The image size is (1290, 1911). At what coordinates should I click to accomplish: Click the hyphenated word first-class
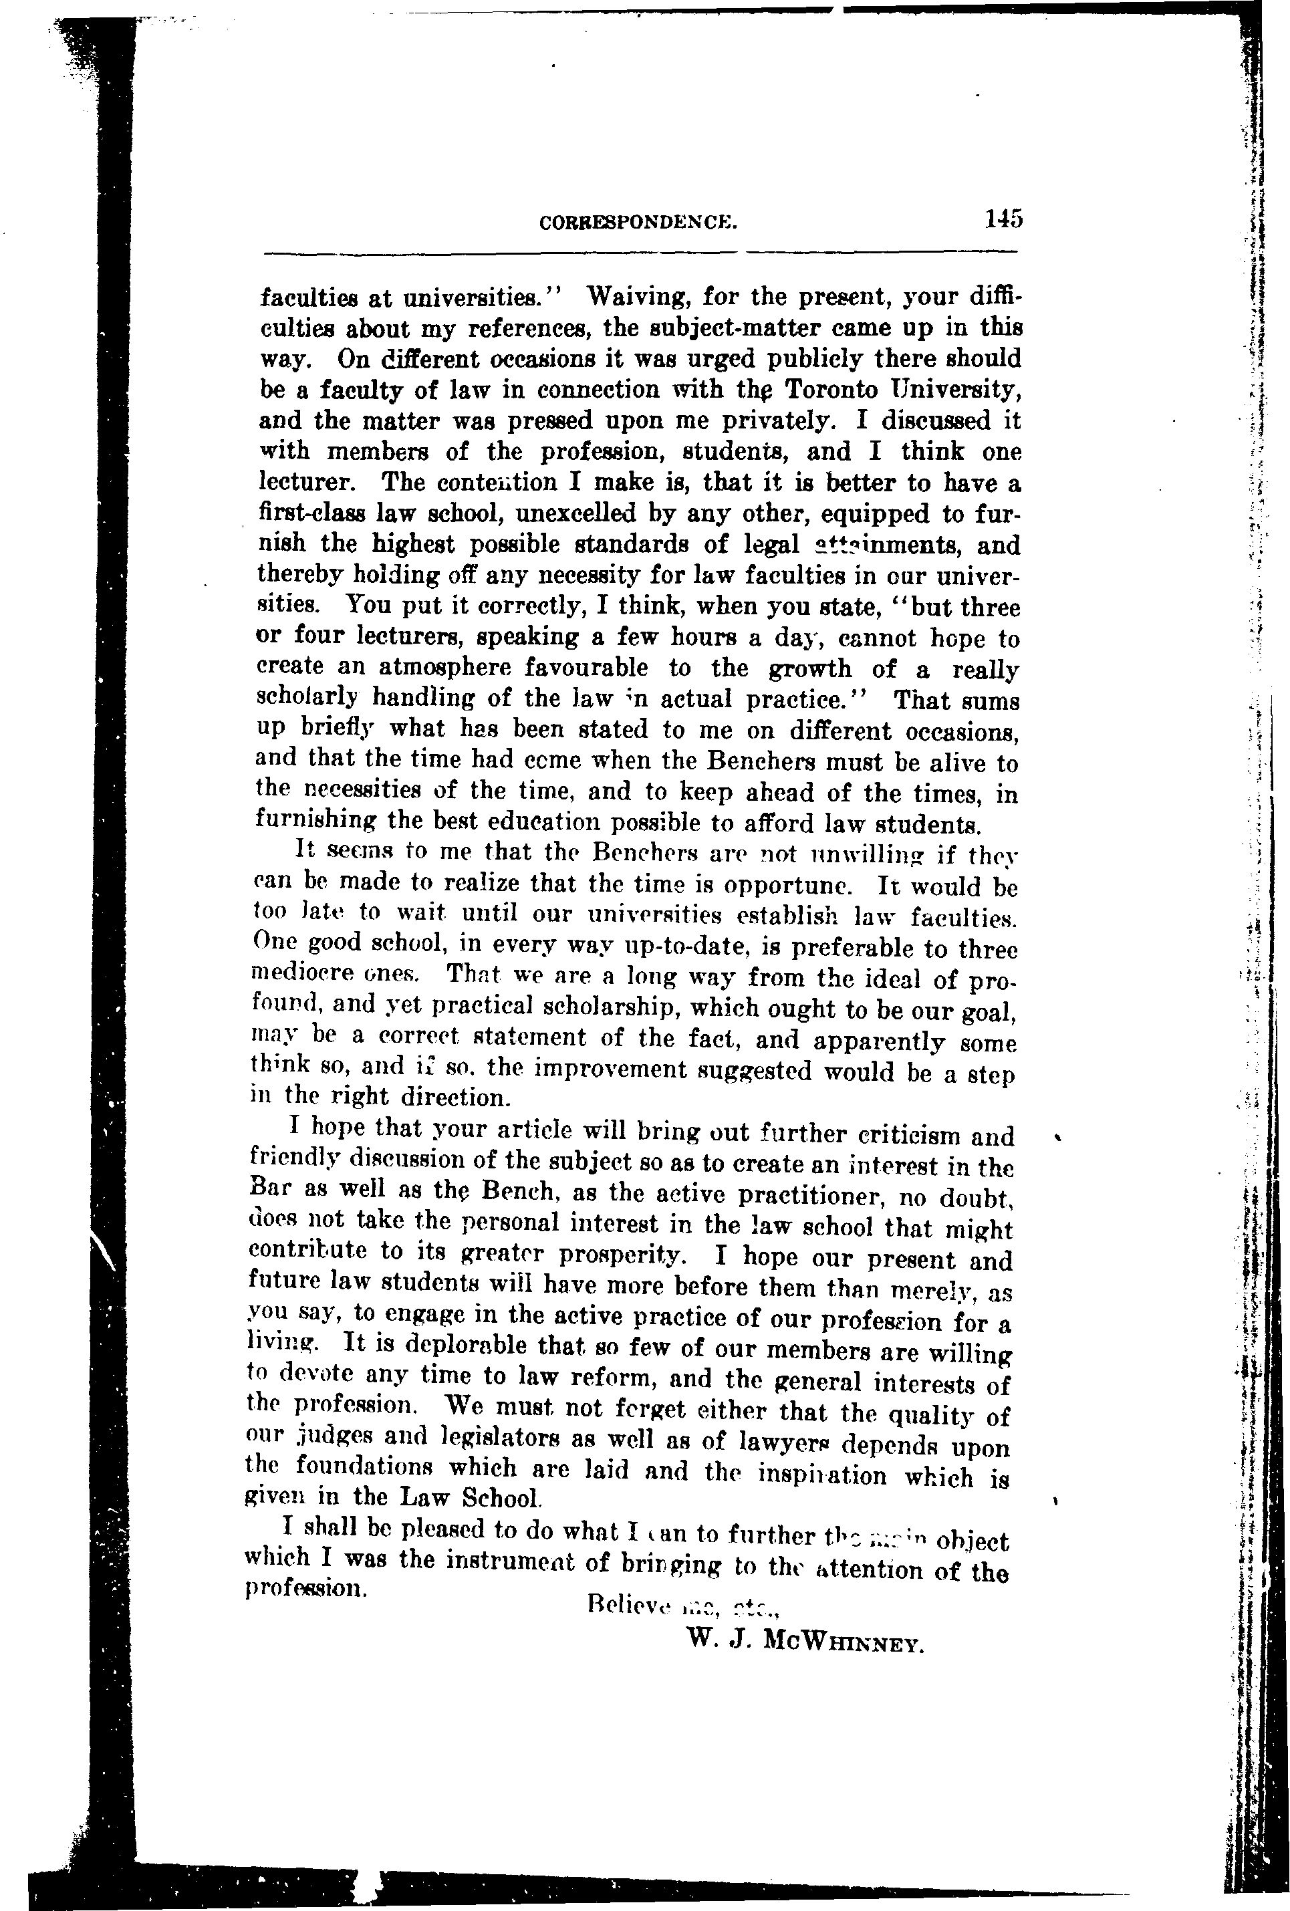coord(311,514)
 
